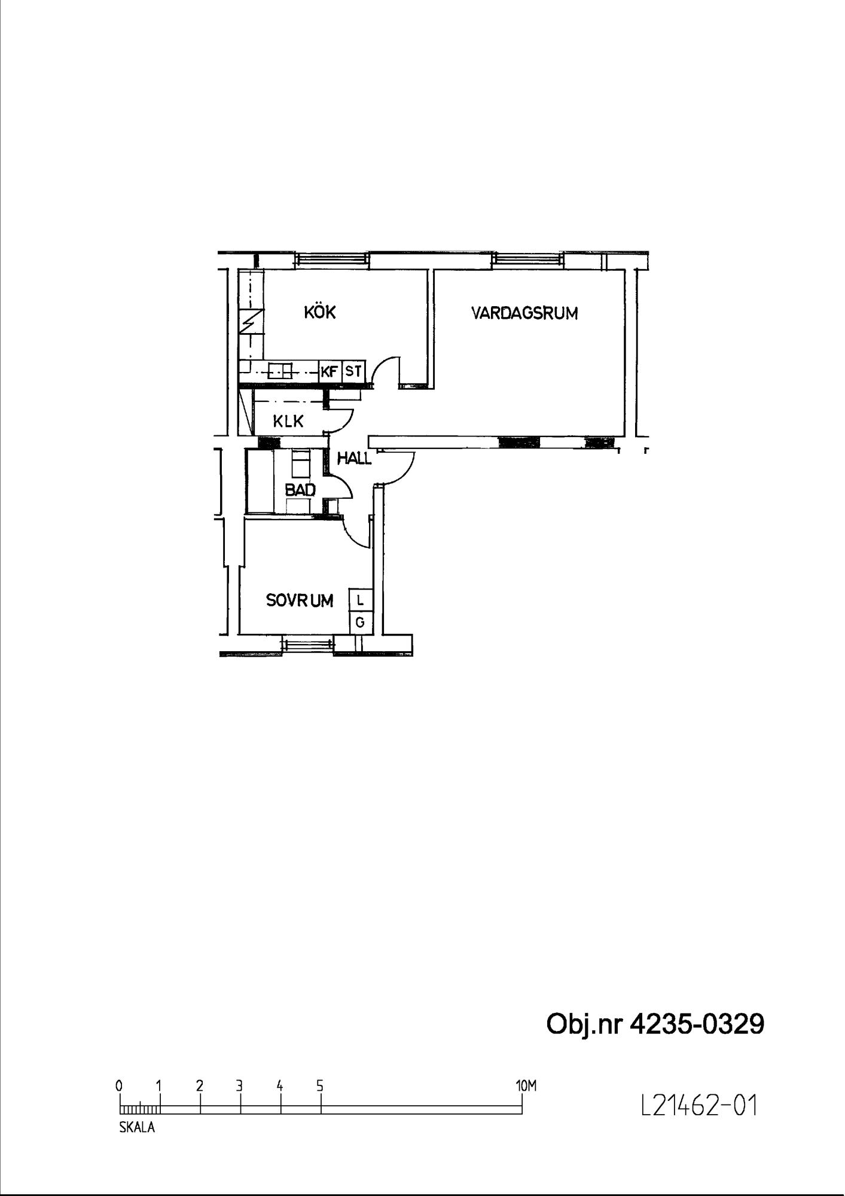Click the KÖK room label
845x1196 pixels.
(320, 312)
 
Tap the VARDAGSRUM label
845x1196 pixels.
(524, 313)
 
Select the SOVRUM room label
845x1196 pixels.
(300, 600)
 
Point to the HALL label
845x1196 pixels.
(354, 459)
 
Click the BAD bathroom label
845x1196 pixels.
(300, 490)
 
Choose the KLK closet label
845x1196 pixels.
(288, 422)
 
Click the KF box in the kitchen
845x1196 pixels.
(330, 371)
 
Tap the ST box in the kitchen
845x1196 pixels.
(353, 371)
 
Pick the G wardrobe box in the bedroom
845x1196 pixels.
(361, 623)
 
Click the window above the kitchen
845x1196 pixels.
(332, 259)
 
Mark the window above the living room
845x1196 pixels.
(527, 259)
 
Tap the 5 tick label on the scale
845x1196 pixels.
(320, 1086)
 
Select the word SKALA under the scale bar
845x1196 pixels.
(137, 1128)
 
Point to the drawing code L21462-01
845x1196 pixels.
(698, 1106)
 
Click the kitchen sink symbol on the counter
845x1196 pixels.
(280, 371)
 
